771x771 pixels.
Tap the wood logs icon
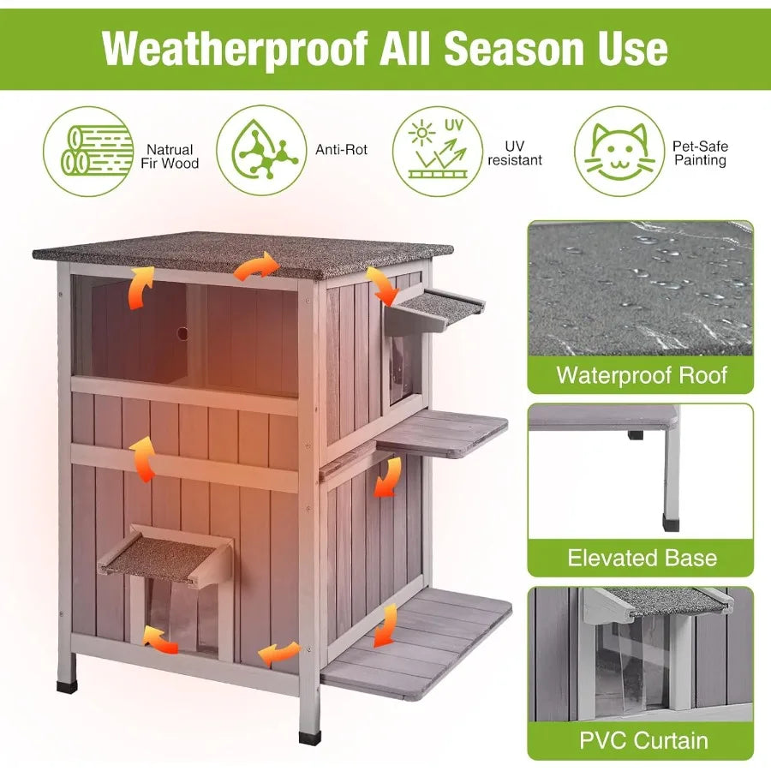coord(87,151)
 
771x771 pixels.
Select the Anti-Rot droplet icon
coord(260,151)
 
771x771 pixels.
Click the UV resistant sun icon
coord(437,151)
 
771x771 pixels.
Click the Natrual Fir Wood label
coord(170,156)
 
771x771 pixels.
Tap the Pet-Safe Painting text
coord(700,153)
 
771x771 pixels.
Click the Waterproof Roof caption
coord(641,374)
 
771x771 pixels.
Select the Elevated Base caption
coord(641,558)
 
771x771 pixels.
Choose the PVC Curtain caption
coord(641,739)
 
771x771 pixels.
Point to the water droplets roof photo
coord(641,287)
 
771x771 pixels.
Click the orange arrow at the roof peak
coord(257,266)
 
